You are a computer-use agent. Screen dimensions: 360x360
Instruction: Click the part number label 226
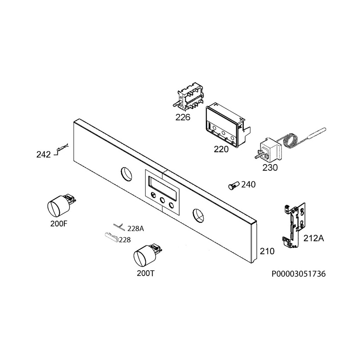(x=183, y=117)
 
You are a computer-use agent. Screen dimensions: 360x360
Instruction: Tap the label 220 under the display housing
(x=221, y=149)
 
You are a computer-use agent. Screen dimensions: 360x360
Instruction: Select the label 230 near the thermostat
(x=270, y=168)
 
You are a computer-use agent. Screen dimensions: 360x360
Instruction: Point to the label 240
(x=248, y=184)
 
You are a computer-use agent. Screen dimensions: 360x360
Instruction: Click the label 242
(x=43, y=155)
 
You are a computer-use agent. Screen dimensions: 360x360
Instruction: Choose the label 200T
(x=146, y=273)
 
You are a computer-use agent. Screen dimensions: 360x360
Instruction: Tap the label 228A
(x=136, y=229)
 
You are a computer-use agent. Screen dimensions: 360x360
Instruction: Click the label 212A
(x=314, y=238)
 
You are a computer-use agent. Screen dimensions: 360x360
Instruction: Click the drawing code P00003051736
(x=299, y=274)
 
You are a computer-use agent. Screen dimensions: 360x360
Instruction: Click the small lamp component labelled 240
(x=234, y=185)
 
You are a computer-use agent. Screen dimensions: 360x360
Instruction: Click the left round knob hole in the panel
(x=126, y=174)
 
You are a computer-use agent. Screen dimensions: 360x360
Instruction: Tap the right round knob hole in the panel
(x=198, y=216)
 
